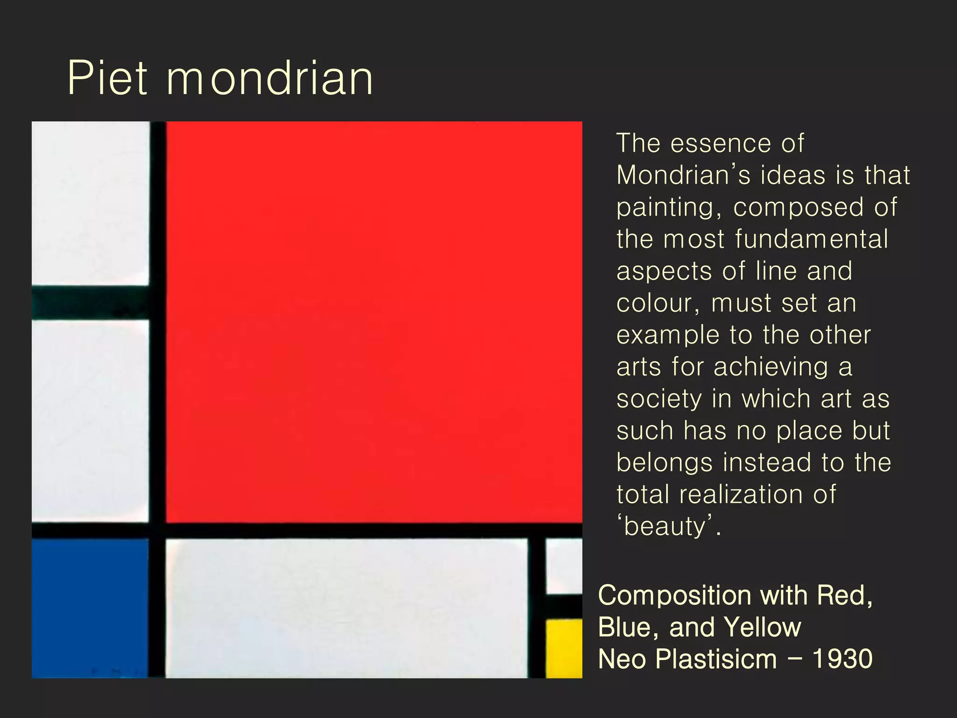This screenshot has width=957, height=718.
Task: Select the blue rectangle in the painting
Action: tap(90, 608)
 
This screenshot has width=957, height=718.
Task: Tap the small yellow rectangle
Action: tap(564, 648)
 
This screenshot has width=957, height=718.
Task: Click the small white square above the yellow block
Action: tap(564, 566)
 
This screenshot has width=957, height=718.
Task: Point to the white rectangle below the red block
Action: tap(347, 608)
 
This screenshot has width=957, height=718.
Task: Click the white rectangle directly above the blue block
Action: tap(90, 421)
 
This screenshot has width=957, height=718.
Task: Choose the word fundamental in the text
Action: tap(811, 239)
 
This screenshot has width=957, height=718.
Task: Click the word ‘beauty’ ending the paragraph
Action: tap(668, 526)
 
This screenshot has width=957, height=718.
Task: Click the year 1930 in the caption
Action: tap(842, 659)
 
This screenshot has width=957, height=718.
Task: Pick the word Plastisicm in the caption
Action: tap(716, 659)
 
